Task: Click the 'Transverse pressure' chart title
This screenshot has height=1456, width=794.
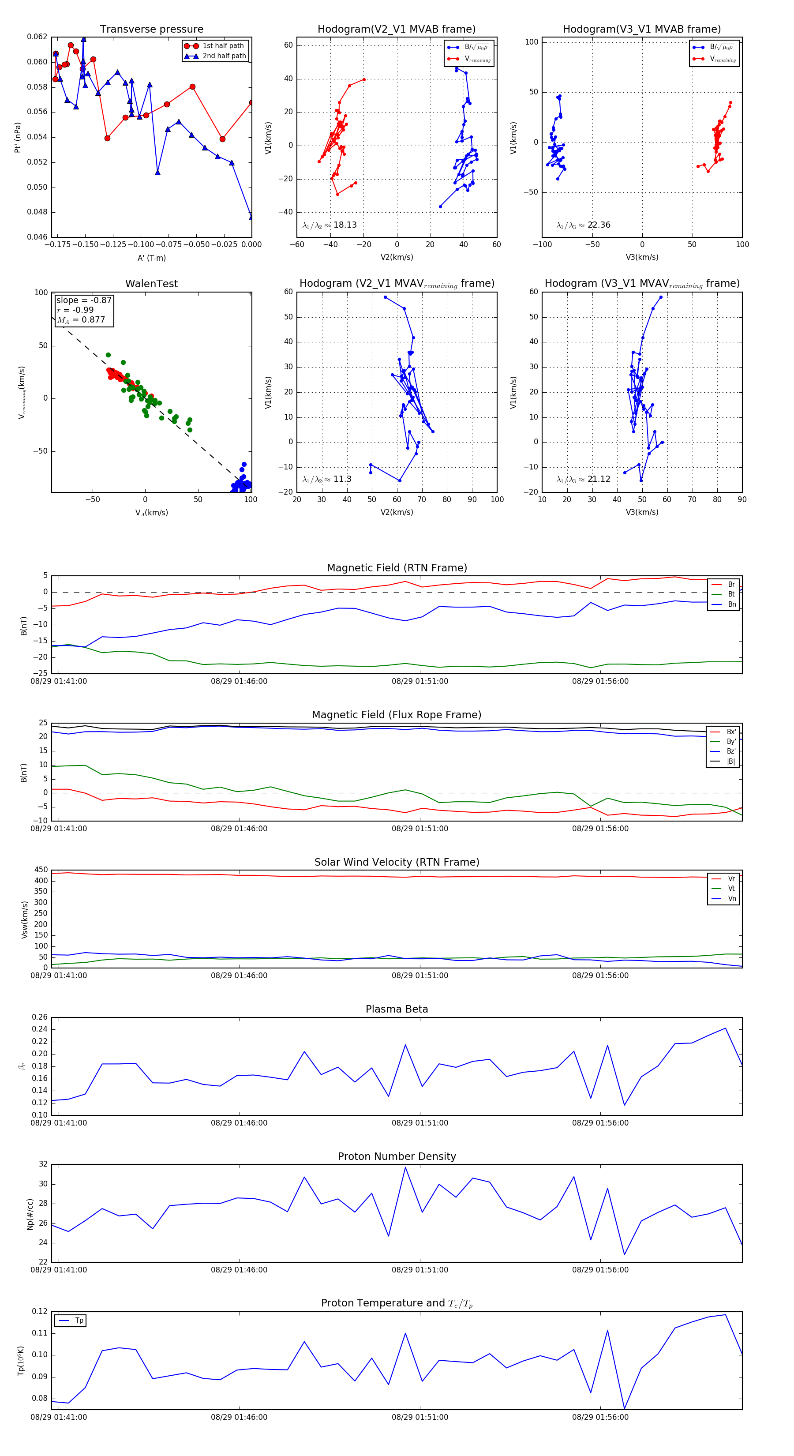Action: [x=151, y=30]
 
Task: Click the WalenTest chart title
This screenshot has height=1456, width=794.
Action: [x=151, y=284]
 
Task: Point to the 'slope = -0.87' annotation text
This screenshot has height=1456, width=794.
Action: [x=84, y=300]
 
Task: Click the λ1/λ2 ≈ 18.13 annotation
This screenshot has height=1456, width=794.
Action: [x=330, y=225]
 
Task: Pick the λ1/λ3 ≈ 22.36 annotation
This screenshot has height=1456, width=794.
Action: [x=583, y=225]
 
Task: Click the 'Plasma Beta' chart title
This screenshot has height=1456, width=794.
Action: [x=397, y=1009]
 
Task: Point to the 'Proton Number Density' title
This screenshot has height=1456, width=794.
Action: [x=397, y=1156]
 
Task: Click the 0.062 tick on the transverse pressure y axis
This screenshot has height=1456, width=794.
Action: [x=37, y=37]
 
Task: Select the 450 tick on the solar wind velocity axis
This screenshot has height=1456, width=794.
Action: [x=41, y=870]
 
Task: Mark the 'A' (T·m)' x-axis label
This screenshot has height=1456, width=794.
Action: [x=151, y=258]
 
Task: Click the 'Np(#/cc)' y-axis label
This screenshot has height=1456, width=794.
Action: [x=30, y=1213]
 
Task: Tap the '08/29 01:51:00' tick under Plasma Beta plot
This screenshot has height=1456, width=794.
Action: [x=420, y=1122]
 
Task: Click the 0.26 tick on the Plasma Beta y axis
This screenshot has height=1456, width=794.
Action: [x=40, y=1017]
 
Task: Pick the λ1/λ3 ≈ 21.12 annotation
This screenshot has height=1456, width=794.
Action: [x=583, y=479]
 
